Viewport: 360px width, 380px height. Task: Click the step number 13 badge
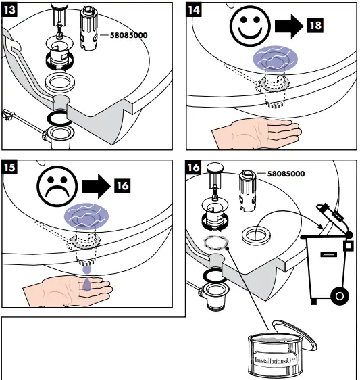coord(9,10)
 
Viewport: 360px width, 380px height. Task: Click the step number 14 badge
coord(194,10)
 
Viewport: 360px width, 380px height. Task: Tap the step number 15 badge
coord(9,167)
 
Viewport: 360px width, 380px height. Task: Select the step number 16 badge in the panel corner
coord(193,167)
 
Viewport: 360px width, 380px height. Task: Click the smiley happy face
coord(250,26)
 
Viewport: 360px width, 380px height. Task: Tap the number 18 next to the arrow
coord(315,26)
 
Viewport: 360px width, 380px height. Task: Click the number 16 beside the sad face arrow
coord(122,186)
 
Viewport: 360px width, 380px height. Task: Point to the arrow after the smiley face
coord(289,26)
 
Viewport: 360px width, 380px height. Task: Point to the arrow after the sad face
coord(96,186)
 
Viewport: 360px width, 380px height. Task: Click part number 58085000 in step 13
coord(128,35)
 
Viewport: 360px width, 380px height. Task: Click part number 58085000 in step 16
coord(286,174)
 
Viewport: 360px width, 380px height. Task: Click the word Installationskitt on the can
coord(275,360)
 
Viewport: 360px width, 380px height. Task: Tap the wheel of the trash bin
coord(340,296)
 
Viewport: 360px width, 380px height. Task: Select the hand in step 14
coord(257,134)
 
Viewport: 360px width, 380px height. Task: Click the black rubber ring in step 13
coord(60,119)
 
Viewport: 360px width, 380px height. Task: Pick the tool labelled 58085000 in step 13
coord(88,28)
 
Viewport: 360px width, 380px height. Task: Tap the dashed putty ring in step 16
coord(216,243)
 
